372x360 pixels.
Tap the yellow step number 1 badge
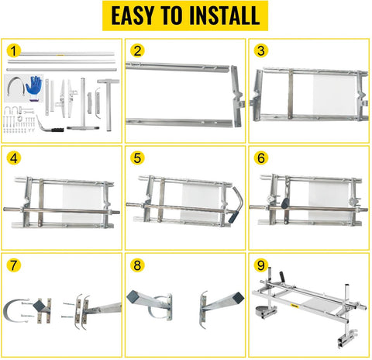click(x=12, y=51)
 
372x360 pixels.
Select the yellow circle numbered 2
click(x=138, y=51)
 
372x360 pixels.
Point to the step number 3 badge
click(x=261, y=51)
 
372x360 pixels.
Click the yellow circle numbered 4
click(x=14, y=158)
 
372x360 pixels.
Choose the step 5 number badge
click(x=138, y=158)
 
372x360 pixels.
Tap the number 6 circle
click(x=261, y=158)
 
